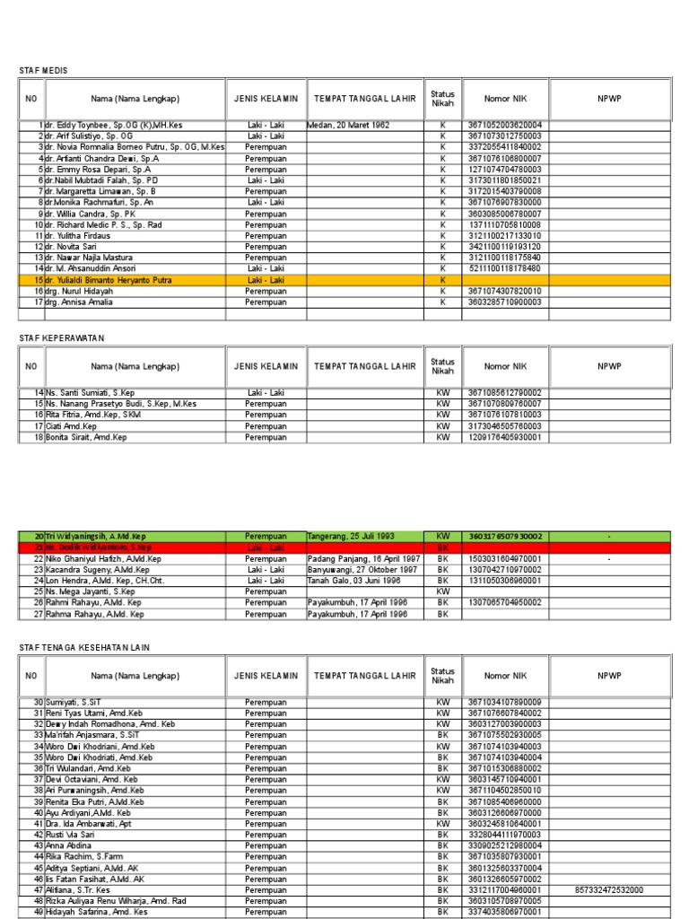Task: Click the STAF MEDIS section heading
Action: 43,70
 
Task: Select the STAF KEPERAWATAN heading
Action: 62,337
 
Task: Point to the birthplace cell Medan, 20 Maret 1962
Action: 349,125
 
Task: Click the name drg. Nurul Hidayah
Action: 80,291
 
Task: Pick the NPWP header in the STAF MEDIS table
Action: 609,98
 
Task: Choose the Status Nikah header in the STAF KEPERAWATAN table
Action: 442,366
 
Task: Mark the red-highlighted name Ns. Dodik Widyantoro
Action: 98,547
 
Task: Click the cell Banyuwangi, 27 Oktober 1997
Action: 362,570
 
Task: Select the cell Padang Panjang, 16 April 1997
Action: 363,558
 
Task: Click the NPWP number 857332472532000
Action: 609,889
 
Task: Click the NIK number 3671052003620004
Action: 503,125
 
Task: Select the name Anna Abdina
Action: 69,845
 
